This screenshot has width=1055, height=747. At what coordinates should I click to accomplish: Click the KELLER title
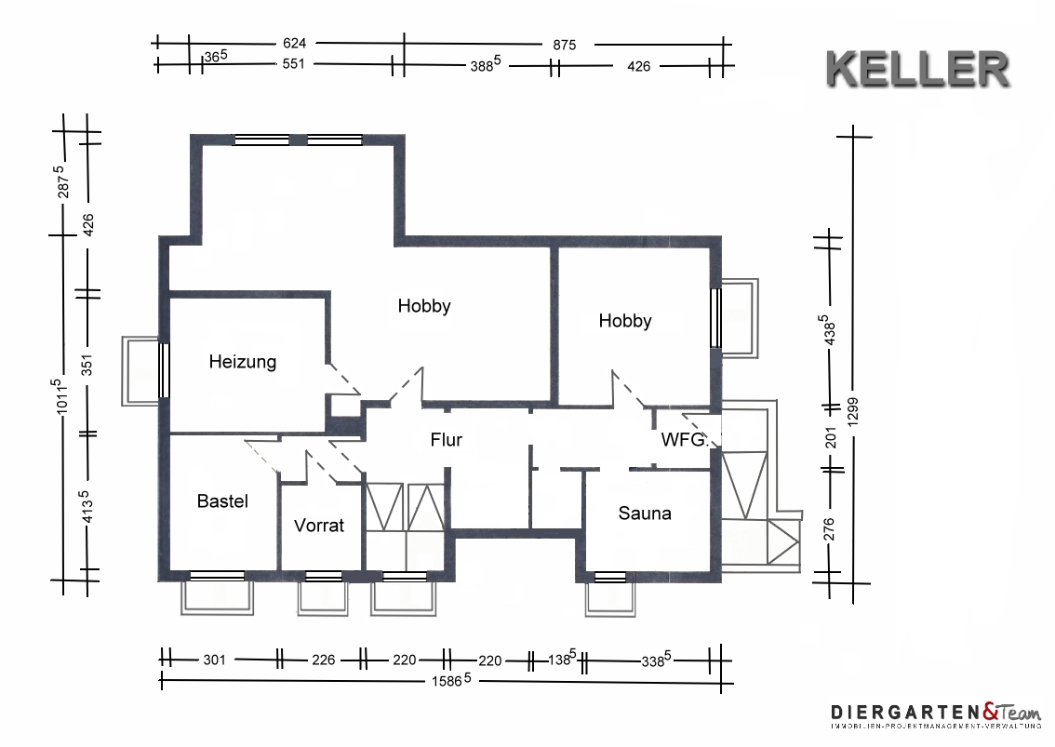coord(917,70)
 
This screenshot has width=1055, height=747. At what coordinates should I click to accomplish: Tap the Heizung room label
coord(242,362)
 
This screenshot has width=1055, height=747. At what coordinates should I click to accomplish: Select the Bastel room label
coord(222,501)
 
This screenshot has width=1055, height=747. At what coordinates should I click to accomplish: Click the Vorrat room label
coord(319,526)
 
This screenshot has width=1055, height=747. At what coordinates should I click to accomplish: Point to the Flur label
coord(446,440)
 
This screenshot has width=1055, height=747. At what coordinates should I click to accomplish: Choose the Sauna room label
coord(645,514)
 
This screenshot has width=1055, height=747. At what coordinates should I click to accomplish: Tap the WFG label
coord(683,440)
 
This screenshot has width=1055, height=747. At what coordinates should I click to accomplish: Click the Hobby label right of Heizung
coord(424,306)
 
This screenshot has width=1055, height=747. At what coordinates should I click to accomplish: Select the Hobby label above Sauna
coord(625,321)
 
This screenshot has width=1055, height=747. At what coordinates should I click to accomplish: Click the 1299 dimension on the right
coord(853,411)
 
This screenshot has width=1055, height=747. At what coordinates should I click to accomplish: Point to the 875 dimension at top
coord(565,45)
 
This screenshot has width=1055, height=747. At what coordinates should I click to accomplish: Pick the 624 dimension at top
coord(294,43)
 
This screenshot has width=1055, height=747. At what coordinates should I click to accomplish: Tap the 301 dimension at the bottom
coord(215,660)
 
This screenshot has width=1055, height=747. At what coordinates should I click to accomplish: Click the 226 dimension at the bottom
coord(324,660)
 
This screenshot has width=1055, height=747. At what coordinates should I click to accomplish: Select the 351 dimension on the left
coord(87,366)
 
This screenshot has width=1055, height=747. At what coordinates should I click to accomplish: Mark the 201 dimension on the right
coord(831,438)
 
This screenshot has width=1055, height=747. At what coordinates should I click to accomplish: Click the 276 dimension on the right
coord(830,529)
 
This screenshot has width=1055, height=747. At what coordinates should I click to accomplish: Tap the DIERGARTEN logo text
coord(906,713)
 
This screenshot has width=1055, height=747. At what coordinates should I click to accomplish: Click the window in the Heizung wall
coord(164,370)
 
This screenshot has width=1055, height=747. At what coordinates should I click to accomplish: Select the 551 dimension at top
coord(293,64)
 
